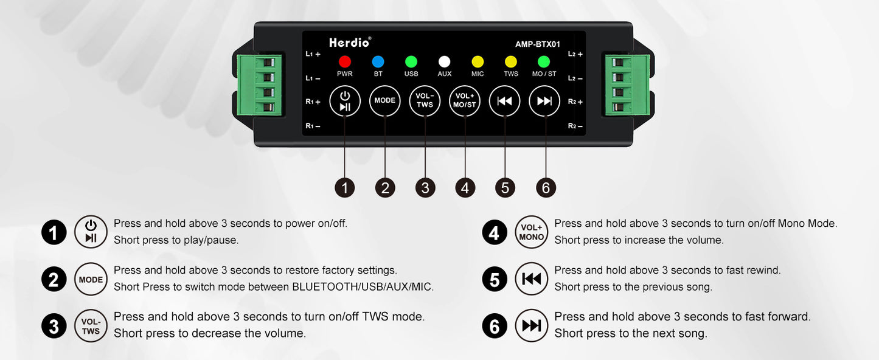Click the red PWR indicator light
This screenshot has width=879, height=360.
click(344, 61)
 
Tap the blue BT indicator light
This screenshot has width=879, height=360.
click(378, 61)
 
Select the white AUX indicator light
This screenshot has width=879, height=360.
click(444, 61)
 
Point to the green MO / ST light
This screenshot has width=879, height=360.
click(544, 61)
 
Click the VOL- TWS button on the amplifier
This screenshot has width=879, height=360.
click(425, 101)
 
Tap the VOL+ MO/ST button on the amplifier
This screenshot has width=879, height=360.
click(465, 101)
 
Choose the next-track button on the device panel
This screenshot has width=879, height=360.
click(544, 101)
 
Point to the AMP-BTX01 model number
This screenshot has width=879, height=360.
click(538, 44)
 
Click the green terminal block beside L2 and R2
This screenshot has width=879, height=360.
click(627, 85)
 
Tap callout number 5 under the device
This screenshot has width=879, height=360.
click(505, 188)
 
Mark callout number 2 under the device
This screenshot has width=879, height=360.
click(385, 188)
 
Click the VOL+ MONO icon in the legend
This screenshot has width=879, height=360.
click(531, 232)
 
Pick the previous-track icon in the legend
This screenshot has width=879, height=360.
click(531, 279)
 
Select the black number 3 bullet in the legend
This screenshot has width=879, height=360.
click(54, 327)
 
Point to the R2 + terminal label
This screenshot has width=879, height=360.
click(575, 102)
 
